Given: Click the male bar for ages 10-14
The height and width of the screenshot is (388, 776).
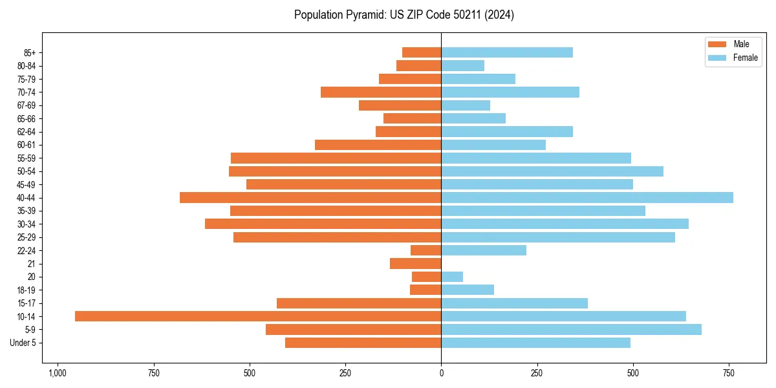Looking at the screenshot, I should tap(258, 316).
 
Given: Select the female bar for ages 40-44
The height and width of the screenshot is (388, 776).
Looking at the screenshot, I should tap(587, 197).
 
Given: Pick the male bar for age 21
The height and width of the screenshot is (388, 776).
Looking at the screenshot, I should tap(416, 263).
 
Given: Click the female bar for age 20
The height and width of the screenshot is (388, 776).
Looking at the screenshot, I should tap(452, 277).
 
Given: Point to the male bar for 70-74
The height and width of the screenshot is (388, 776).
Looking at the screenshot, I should tap(381, 92).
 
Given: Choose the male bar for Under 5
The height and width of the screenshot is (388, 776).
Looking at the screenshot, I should tap(363, 343).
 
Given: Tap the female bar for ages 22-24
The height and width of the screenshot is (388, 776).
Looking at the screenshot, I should tap(484, 250).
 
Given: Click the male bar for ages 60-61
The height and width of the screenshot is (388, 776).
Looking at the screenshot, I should tap(378, 145).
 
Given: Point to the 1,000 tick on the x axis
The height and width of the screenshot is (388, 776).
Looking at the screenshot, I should tap(58, 373).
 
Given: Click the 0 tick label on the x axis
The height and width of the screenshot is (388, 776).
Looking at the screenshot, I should tap(441, 373).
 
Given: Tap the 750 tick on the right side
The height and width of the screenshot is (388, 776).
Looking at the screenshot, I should tap(729, 373).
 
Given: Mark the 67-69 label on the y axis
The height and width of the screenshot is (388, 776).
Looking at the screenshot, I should tap(27, 105).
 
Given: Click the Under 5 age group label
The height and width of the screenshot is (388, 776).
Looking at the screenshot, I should tap(23, 343).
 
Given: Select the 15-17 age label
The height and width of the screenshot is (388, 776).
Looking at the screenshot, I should tap(27, 303).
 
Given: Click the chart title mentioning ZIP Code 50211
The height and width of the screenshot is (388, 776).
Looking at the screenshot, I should tap(404, 15).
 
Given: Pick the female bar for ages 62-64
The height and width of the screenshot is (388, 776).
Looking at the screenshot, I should tap(507, 131).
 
